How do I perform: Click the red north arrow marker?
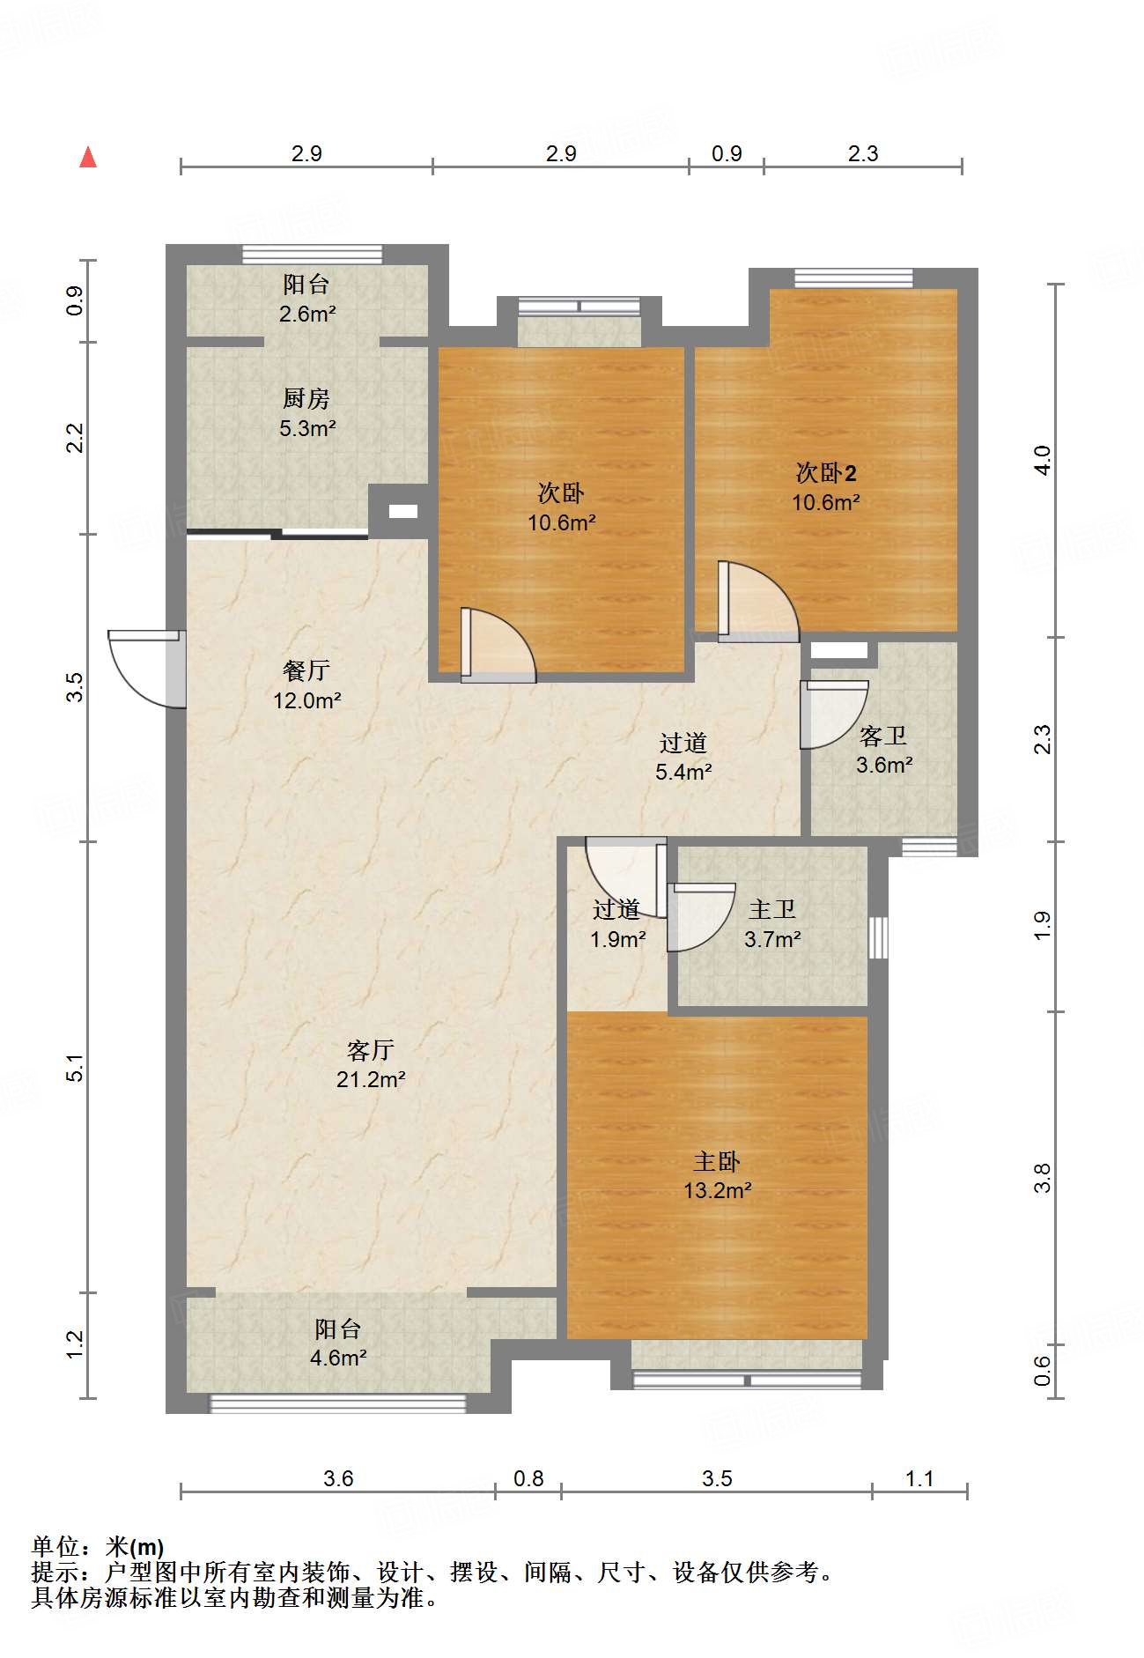point(88,157)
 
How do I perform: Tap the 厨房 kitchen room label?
point(306,398)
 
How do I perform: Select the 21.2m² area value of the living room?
point(371,1079)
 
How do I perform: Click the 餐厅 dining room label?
point(306,670)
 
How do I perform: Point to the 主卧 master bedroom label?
point(717,1161)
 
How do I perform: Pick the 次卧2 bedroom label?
point(826,473)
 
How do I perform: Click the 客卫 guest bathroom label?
point(883,736)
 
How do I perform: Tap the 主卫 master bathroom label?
point(772,909)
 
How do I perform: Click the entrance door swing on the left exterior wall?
point(146,669)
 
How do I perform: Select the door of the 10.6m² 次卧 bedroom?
point(498,645)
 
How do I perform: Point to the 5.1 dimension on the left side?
point(77,1068)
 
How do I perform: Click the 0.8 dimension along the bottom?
point(528,1478)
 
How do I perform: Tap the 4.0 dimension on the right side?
point(1043,461)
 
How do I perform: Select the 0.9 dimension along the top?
point(727,153)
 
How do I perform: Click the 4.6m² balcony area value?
point(338,1358)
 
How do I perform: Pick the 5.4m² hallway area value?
point(683,772)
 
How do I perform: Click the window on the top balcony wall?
point(313,255)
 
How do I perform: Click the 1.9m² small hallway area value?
point(617,939)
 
